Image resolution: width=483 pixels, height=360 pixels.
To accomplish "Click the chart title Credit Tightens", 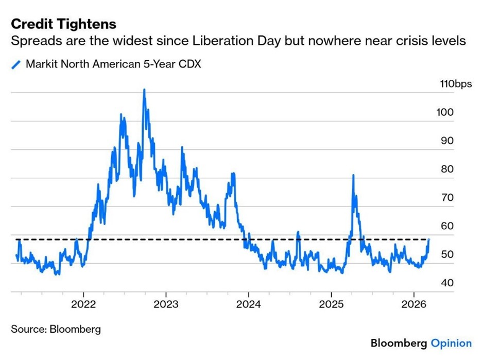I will click(63, 24).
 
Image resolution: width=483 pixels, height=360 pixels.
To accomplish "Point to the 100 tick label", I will click(446, 112).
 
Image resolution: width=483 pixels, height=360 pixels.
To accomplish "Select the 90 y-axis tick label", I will click(446, 141).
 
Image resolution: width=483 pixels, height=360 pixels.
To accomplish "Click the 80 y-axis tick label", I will click(446, 169).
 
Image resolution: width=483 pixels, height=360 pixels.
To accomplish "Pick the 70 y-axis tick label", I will click(446, 197).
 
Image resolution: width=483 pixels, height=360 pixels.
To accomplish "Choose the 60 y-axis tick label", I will click(446, 226).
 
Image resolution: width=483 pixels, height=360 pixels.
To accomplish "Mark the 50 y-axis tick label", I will click(446, 254).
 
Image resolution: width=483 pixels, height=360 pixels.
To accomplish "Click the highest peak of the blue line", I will click(144, 90).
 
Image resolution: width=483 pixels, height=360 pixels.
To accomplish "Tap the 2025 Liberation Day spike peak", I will click(353, 176).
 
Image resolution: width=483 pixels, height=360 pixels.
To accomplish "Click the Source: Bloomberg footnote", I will click(56, 329).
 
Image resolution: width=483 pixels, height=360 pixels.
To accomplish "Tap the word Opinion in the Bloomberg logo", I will click(451, 343).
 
